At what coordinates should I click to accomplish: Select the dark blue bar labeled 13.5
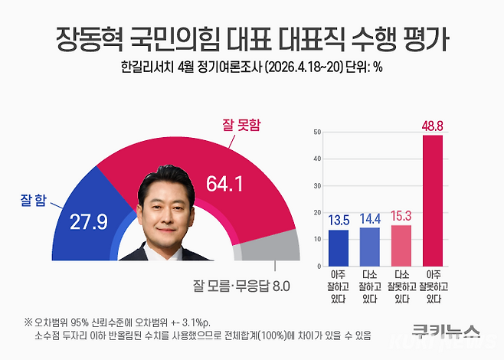(x=338, y=246)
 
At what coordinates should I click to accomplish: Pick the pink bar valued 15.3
(x=401, y=244)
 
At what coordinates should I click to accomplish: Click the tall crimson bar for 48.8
(x=432, y=199)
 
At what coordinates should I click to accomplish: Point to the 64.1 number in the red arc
(x=226, y=184)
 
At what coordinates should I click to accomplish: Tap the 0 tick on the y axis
(x=317, y=265)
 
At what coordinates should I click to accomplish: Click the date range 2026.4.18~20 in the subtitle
(x=291, y=67)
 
